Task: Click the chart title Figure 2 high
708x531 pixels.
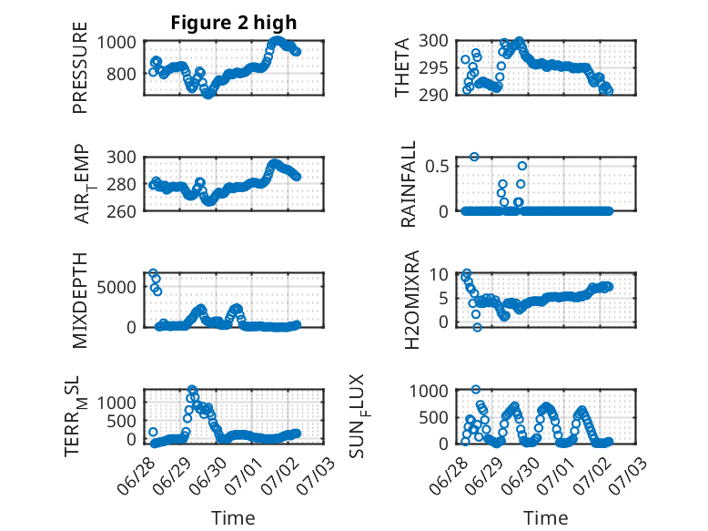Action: (234, 23)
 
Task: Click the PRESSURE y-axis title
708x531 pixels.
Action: (79, 67)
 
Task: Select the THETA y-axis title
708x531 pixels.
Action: (401, 67)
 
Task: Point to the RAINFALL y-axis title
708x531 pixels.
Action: (408, 184)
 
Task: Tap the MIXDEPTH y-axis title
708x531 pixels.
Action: (79, 301)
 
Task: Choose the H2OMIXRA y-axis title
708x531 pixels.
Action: (412, 300)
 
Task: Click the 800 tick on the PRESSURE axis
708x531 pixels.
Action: (121, 74)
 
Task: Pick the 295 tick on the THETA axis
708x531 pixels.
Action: (433, 68)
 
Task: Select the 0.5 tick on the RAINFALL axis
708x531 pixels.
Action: (437, 167)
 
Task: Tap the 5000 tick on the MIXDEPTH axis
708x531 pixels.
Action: (116, 287)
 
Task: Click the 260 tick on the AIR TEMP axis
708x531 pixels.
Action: (121, 211)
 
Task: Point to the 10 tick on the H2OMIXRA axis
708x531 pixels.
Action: (439, 274)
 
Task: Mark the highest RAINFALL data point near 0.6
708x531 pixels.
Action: (474, 157)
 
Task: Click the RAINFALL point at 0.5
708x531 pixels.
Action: (522, 166)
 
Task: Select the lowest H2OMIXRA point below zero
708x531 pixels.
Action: (477, 328)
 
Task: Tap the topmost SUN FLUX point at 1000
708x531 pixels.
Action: (476, 389)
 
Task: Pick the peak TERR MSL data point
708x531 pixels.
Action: (192, 389)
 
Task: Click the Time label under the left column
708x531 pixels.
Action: (233, 517)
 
